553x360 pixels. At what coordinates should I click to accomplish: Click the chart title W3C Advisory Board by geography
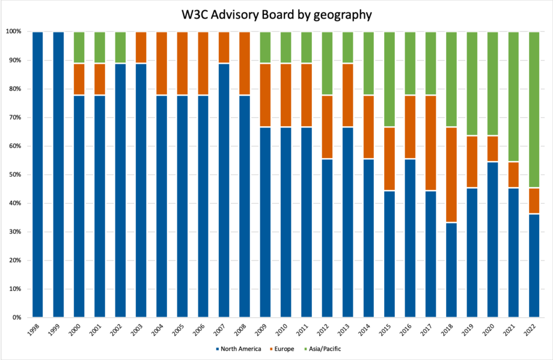276,14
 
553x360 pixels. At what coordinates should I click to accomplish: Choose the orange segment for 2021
513,175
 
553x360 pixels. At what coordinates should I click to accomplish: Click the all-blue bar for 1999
58,174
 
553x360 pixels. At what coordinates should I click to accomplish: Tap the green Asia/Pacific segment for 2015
390,79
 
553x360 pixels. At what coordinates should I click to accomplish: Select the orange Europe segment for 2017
430,142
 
